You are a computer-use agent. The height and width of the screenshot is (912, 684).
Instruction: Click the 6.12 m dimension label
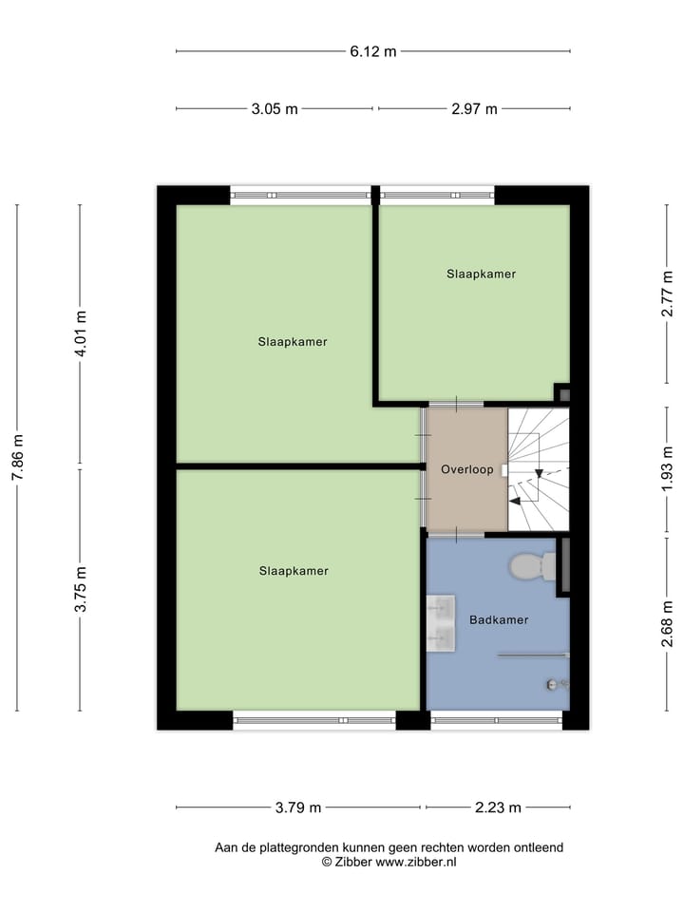pyautogui.click(x=372, y=51)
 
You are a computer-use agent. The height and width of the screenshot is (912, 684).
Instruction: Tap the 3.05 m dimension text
pyautogui.click(x=275, y=109)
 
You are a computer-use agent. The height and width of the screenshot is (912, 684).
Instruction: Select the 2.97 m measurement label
pyautogui.click(x=474, y=109)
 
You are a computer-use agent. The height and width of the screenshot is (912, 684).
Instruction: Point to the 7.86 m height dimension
pyautogui.click(x=16, y=457)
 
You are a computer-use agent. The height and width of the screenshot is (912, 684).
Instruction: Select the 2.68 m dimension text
pyautogui.click(x=669, y=624)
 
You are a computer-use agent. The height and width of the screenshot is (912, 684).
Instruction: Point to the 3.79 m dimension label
pyautogui.click(x=298, y=808)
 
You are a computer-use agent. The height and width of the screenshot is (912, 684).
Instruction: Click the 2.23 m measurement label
pyautogui.click(x=498, y=808)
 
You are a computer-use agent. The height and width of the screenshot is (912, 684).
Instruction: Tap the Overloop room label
pyautogui.click(x=466, y=469)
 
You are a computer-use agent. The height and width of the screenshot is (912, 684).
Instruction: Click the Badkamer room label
pyautogui.click(x=498, y=620)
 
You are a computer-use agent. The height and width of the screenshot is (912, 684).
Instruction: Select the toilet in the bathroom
pyautogui.click(x=532, y=566)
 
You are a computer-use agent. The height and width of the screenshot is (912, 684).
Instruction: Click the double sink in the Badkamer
pyautogui.click(x=442, y=623)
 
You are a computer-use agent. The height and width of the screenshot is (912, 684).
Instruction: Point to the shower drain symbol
pyautogui.click(x=551, y=684)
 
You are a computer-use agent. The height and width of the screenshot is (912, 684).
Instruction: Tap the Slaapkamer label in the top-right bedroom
pyautogui.click(x=482, y=274)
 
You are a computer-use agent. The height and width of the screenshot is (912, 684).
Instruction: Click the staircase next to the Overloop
pyautogui.click(x=539, y=468)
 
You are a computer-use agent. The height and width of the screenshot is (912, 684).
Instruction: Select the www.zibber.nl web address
pyautogui.click(x=417, y=863)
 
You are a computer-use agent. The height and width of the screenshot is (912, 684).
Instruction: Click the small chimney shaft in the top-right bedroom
pyautogui.click(x=562, y=392)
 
